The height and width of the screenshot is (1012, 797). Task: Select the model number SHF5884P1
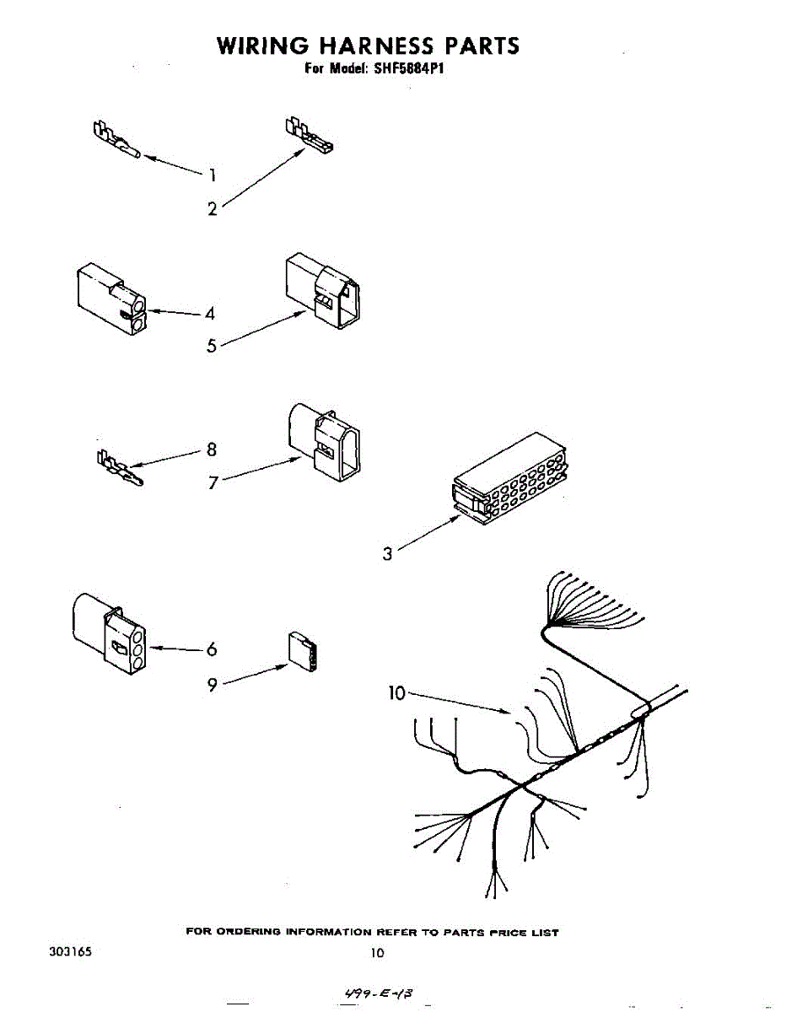click(x=409, y=68)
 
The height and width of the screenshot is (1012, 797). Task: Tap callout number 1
click(x=213, y=175)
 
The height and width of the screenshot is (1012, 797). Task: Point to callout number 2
click(x=213, y=209)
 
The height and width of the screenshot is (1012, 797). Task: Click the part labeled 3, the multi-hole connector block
click(x=510, y=478)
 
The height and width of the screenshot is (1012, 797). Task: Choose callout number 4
click(x=210, y=314)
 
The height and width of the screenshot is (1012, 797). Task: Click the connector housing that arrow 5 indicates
click(x=323, y=291)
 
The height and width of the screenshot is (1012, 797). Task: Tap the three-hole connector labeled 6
click(x=110, y=633)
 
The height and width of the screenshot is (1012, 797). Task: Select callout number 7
click(x=213, y=482)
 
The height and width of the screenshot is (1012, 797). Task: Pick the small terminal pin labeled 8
click(x=120, y=468)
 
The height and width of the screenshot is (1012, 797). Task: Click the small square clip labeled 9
click(x=303, y=651)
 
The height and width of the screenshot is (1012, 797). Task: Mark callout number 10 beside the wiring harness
click(x=396, y=693)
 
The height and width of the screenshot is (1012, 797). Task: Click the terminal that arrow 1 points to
click(x=116, y=140)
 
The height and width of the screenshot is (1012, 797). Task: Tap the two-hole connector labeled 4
click(x=111, y=299)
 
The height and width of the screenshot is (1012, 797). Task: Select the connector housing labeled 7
click(x=324, y=442)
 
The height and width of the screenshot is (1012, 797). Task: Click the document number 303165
click(x=71, y=951)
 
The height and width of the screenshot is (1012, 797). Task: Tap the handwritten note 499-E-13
click(x=380, y=993)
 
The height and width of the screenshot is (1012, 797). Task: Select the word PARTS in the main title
click(x=482, y=46)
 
